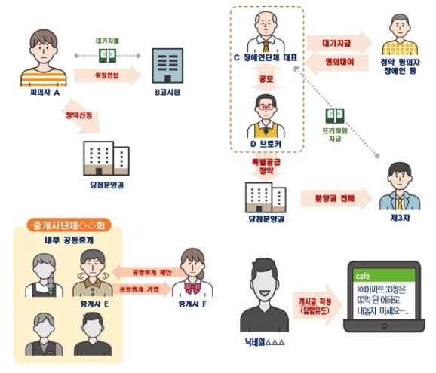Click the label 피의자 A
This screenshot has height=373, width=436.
pyautogui.click(x=45, y=92)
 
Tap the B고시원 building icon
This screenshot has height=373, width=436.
pyautogui.click(x=167, y=66)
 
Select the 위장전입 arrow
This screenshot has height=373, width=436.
pyautogui.click(x=108, y=75)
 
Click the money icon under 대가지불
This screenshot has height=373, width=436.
pyautogui.click(x=108, y=56)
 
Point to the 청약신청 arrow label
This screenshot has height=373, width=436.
pyautogui.click(x=78, y=115)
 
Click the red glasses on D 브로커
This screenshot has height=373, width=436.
pyautogui.click(x=266, y=107)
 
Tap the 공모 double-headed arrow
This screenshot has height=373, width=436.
pyautogui.click(x=266, y=78)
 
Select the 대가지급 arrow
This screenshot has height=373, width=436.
pyautogui.click(x=339, y=43)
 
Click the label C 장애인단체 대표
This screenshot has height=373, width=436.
pyautogui.click(x=266, y=58)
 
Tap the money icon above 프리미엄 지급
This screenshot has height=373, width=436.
pyautogui.click(x=335, y=116)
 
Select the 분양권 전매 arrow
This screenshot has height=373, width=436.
pyautogui.click(x=336, y=198)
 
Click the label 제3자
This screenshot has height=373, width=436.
pyautogui.click(x=400, y=219)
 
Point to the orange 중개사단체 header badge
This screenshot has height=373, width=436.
pyautogui.click(x=69, y=225)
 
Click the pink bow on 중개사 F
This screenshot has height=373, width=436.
pyautogui.click(x=192, y=288)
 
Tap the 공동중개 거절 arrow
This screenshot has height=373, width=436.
pyautogui.click(x=142, y=289)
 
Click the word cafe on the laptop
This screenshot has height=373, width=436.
pyautogui.click(x=363, y=276)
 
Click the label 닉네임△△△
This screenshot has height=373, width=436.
pyautogui.click(x=265, y=342)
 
